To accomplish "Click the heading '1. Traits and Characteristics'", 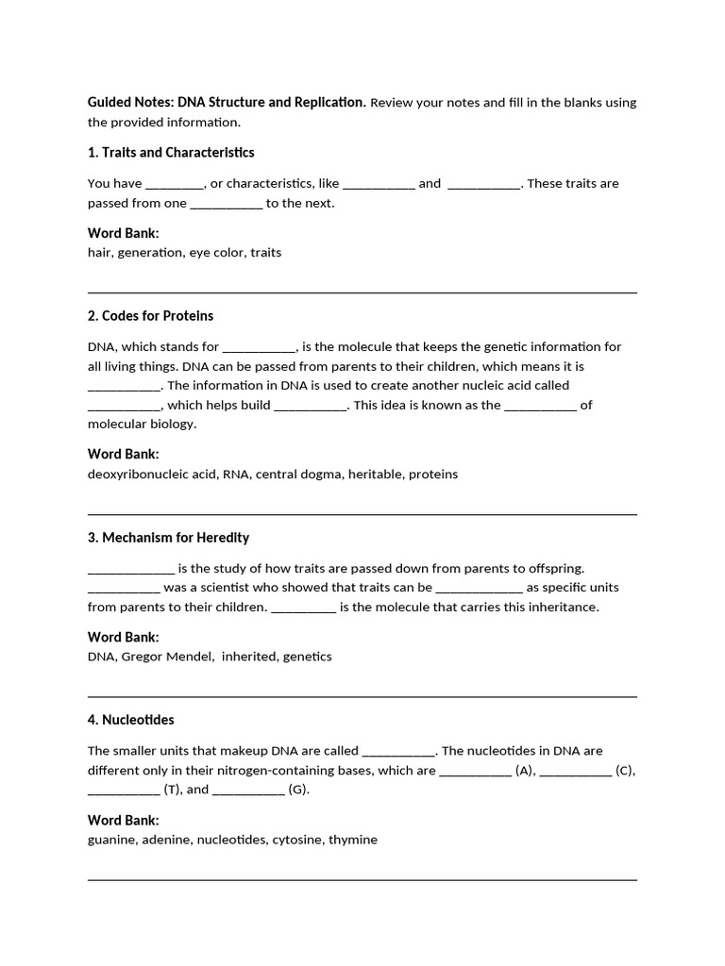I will tap(171, 153).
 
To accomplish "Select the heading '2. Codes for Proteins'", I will tap(151, 316).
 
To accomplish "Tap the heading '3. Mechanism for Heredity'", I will tap(169, 538).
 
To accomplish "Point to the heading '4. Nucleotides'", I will tap(131, 720).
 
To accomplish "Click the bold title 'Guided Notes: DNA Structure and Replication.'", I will tap(227, 102).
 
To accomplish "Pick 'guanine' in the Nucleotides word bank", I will tap(112, 840).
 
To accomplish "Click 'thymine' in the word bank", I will tap(353, 840).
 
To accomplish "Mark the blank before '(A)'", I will tap(475, 771).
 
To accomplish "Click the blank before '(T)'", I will tap(124, 791).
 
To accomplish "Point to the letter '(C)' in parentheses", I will tap(625, 771).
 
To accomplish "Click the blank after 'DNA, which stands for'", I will tap(260, 347).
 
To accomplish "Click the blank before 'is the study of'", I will tap(131, 568).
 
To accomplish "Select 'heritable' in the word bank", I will tap(375, 475).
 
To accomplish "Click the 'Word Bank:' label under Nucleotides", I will tap(124, 820).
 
